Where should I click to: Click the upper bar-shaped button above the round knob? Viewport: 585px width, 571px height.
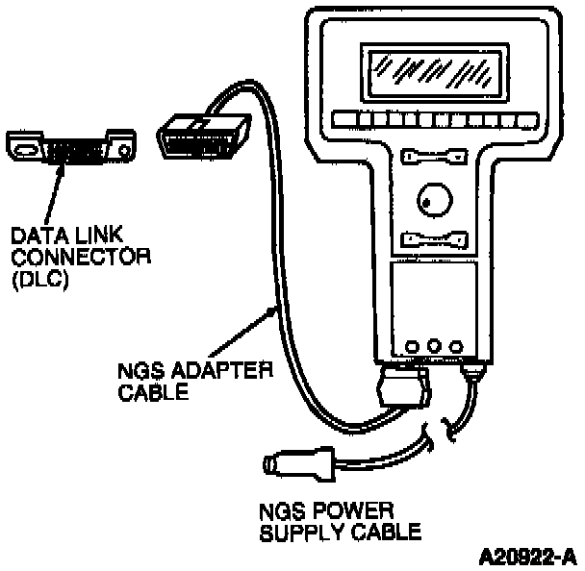tap(433, 155)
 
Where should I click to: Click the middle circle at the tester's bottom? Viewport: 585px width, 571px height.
tap(432, 344)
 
